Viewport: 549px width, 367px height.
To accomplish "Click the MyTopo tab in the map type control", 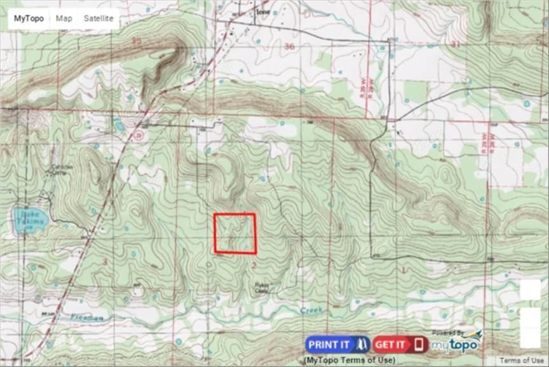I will (29, 18).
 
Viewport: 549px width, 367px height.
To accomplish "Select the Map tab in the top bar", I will (64, 18).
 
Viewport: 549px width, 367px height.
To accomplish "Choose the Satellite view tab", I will (98, 18).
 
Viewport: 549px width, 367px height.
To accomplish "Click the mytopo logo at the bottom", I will (457, 343).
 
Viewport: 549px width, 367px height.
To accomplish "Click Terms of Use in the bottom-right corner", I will (521, 361).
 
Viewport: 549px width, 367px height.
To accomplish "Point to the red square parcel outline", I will (234, 233).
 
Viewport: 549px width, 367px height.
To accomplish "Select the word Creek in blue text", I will (311, 310).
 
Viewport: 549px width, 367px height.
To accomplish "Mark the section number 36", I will (290, 46).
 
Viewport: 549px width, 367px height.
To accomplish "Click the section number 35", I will (136, 41).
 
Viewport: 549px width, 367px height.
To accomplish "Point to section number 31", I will (455, 44).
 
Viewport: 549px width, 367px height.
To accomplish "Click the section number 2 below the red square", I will (254, 264).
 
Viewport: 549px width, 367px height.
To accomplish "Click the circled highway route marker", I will (139, 135).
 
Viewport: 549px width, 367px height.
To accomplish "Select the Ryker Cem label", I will (261, 287).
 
